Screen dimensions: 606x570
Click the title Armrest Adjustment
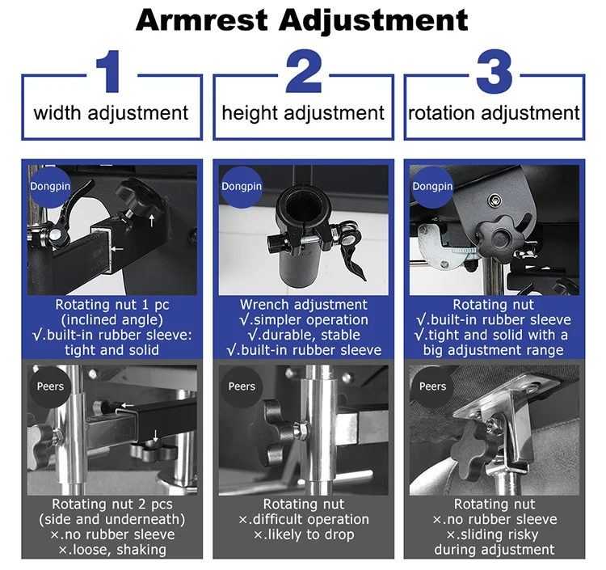click(302, 20)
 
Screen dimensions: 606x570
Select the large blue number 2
click(304, 71)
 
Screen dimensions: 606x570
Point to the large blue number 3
click(494, 71)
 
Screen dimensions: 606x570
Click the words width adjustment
click(111, 113)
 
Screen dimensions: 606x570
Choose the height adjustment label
click(303, 114)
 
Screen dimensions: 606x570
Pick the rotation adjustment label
click(494, 113)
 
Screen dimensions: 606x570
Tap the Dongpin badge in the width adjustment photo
click(50, 187)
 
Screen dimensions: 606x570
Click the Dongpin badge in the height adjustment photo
click(242, 187)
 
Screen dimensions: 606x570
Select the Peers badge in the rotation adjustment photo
click(432, 386)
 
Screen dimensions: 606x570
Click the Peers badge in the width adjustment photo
click(50, 386)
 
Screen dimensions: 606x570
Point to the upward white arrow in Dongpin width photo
click(152, 221)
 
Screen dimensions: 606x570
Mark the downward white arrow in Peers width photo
click(155, 435)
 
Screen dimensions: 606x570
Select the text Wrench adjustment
click(303, 305)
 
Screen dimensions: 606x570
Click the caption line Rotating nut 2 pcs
click(112, 505)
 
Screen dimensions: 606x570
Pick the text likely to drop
click(304, 534)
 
